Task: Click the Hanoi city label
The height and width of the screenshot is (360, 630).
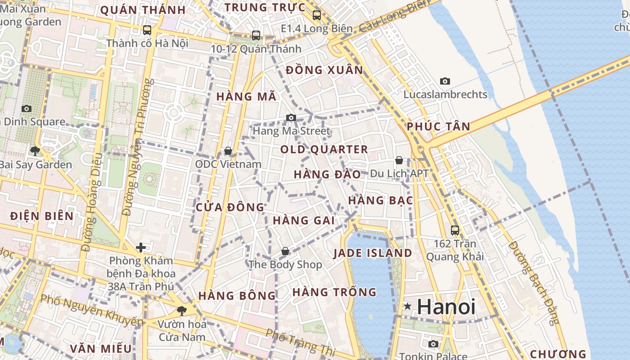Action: [x=446, y=307]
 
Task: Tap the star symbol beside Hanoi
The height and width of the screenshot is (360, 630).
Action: [x=408, y=306]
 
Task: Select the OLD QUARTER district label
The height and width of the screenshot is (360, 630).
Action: [x=324, y=149]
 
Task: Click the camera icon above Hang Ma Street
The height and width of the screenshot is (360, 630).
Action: [x=291, y=118]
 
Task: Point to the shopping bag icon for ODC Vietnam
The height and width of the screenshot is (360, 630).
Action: [x=228, y=151]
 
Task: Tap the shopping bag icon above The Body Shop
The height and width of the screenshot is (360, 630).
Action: [x=285, y=251]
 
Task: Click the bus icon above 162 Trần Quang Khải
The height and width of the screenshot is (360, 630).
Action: [x=455, y=230]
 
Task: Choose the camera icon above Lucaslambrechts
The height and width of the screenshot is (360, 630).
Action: [x=445, y=81]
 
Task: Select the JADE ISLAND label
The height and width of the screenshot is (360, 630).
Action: [x=373, y=253]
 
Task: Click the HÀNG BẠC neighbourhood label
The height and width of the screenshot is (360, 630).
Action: [x=380, y=201]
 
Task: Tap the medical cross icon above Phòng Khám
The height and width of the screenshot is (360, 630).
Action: [x=141, y=247]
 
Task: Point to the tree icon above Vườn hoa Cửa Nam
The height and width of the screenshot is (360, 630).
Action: [x=181, y=310]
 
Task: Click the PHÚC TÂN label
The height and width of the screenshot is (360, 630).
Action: [x=438, y=127]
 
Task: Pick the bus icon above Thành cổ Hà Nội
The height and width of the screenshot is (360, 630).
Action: [x=147, y=30]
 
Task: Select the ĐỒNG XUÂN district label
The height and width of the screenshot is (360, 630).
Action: [x=324, y=70]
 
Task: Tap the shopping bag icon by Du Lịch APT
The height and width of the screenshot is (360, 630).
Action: [x=399, y=160]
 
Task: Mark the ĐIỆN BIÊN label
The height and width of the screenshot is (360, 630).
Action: [x=42, y=216]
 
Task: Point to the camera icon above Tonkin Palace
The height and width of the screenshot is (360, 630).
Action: [x=433, y=344]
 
